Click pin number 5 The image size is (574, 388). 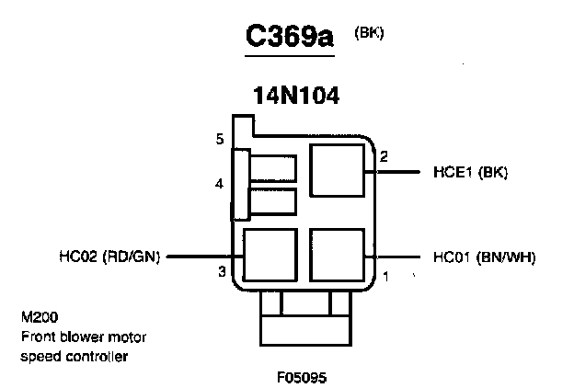coord(220,140)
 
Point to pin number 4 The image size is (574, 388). coord(219,184)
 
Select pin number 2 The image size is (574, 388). coord(384,156)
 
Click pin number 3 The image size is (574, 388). coord(222,271)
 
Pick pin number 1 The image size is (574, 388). coord(386,275)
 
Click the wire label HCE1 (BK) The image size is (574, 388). coord(465,172)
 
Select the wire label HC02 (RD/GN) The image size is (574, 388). coord(107,257)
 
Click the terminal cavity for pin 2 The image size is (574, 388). coord(337,172)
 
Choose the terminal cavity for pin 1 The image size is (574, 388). coord(338,256)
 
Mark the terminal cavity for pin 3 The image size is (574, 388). coord(269,256)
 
